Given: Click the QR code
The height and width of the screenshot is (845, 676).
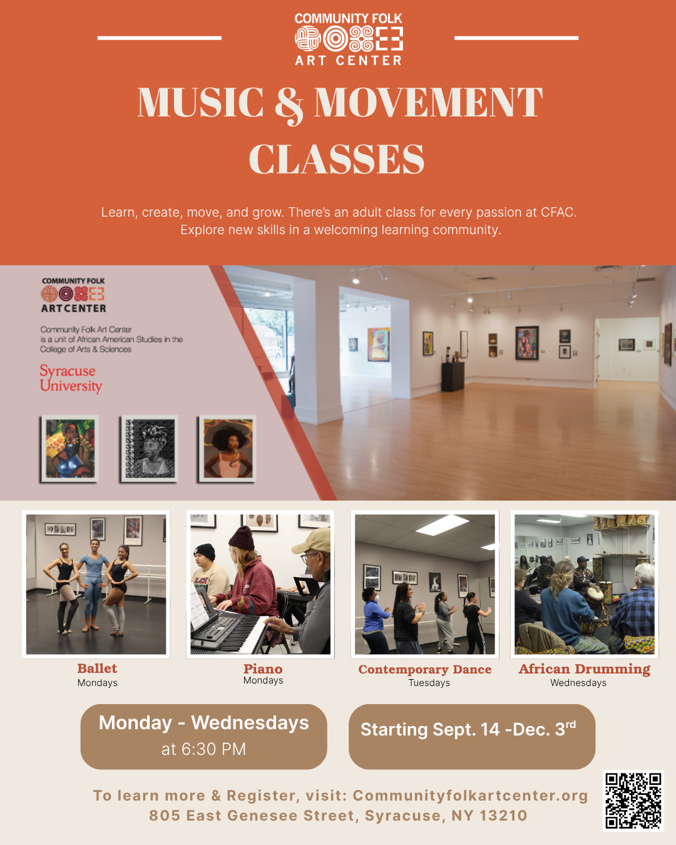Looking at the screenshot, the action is pyautogui.click(x=633, y=801).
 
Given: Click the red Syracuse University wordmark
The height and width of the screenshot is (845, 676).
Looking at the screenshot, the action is pyautogui.click(x=71, y=377).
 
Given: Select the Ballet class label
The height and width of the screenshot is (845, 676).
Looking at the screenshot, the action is pyautogui.click(x=97, y=668).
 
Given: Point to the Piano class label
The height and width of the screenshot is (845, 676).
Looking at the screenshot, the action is pyautogui.click(x=263, y=668).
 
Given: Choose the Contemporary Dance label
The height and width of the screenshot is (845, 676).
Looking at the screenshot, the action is pyautogui.click(x=424, y=669).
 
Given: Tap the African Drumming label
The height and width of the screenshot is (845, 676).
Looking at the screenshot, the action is pyautogui.click(x=584, y=669).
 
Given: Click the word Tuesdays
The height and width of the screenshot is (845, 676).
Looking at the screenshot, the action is pyautogui.click(x=429, y=683).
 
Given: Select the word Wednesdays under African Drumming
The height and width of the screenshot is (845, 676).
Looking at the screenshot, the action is pyautogui.click(x=578, y=683).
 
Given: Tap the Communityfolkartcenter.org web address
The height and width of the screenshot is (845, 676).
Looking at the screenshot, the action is pyautogui.click(x=470, y=796).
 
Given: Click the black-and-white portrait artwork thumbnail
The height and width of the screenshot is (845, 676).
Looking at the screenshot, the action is pyautogui.click(x=149, y=448).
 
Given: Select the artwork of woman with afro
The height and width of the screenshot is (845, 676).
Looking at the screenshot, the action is pyautogui.click(x=227, y=448).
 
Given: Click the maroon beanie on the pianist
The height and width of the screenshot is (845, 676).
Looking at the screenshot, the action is pyautogui.click(x=242, y=538).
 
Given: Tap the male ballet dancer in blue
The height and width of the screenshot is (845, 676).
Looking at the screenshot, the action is pyautogui.click(x=93, y=585).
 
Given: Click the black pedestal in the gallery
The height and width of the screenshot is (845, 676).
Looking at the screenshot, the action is pyautogui.click(x=453, y=377).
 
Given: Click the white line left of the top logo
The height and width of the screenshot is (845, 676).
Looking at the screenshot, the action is pyautogui.click(x=160, y=38).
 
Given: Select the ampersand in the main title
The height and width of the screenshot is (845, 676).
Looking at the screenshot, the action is pyautogui.click(x=289, y=105).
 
